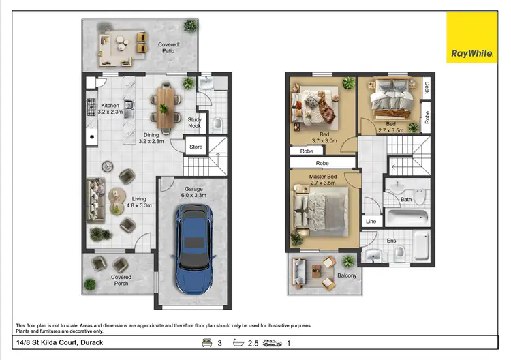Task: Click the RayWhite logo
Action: click(x=471, y=37)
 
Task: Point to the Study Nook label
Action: click(x=195, y=123)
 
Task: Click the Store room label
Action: click(x=196, y=146)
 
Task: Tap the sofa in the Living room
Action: click(x=96, y=201)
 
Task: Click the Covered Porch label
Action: click(x=121, y=280)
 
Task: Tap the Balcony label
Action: click(x=347, y=276)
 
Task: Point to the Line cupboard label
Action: click(x=371, y=222)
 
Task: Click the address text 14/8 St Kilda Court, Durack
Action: click(x=59, y=342)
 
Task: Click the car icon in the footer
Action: click(x=273, y=342)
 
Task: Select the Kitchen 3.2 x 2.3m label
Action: click(x=110, y=109)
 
